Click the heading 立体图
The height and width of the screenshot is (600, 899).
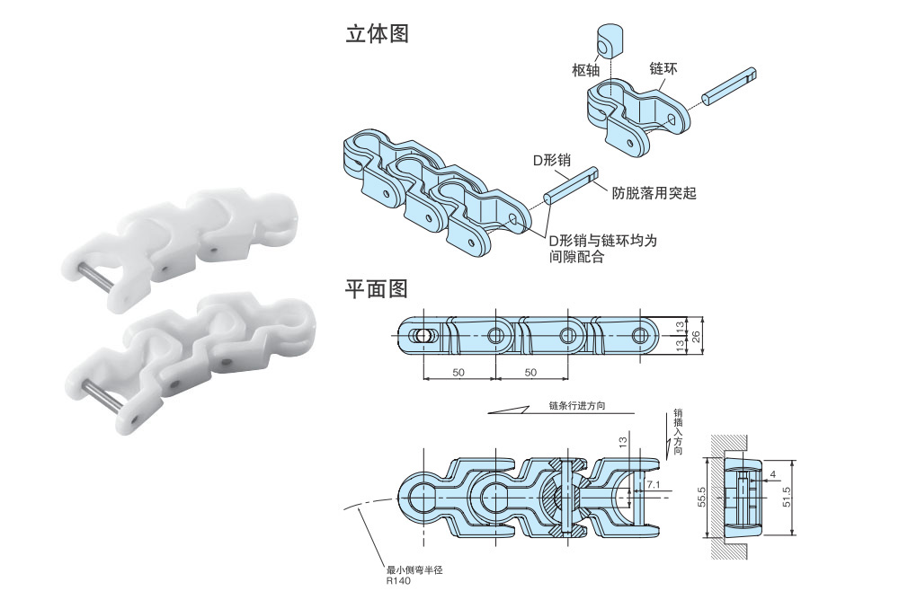pyautogui.click(x=378, y=34)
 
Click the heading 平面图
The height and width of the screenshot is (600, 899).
pyautogui.click(x=378, y=288)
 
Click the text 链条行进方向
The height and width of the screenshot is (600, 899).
pyautogui.click(x=576, y=405)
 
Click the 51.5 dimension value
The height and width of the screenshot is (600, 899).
pyautogui.click(x=788, y=497)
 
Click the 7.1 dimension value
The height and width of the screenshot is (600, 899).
pyautogui.click(x=654, y=484)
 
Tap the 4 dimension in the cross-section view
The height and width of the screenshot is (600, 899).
pyautogui.click(x=771, y=473)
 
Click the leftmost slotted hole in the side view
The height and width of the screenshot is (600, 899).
pyautogui.click(x=422, y=335)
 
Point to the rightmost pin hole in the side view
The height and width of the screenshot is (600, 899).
pyautogui.click(x=639, y=335)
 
